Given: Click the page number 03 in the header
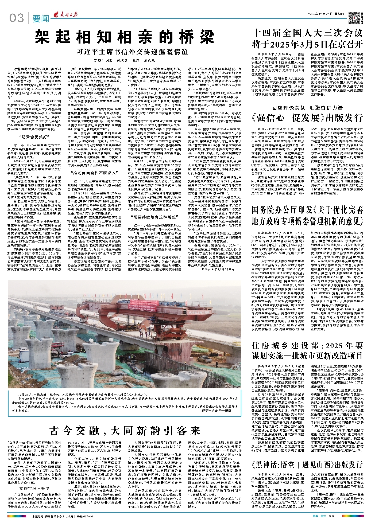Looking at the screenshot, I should tap(17, 18).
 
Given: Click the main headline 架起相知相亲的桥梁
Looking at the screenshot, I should tap(125, 37).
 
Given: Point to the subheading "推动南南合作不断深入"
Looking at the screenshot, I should tap(95, 173).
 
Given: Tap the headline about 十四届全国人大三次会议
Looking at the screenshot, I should tap(307, 38).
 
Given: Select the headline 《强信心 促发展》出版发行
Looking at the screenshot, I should tap(307, 118).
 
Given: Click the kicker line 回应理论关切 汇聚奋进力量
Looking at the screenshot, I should tap(307, 108).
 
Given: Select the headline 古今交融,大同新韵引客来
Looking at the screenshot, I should tap(125, 430).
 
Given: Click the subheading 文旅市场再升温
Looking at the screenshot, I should tap(34, 481).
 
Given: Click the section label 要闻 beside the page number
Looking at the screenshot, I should tap(41, 19).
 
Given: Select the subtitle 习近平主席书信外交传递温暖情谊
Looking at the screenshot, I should tap(132, 52).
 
